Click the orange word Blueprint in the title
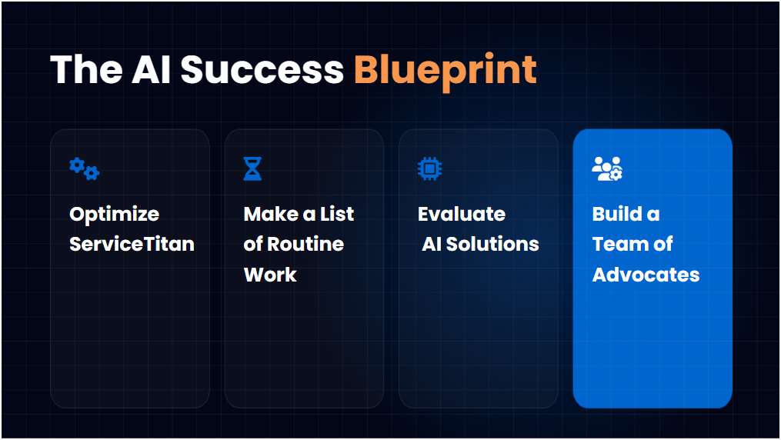click(445, 70)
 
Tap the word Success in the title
click(262, 70)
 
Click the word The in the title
click(85, 70)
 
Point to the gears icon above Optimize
click(84, 168)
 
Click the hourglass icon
click(252, 168)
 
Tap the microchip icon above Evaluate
click(429, 168)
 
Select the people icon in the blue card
click(606, 168)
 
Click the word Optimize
click(114, 214)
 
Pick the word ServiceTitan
click(132, 244)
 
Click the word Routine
click(305, 244)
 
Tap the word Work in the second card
click(269, 275)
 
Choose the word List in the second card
click(336, 214)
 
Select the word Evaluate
click(462, 214)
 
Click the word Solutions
click(492, 244)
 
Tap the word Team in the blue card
click(617, 244)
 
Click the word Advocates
click(646, 275)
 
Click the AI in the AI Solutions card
click(431, 244)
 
